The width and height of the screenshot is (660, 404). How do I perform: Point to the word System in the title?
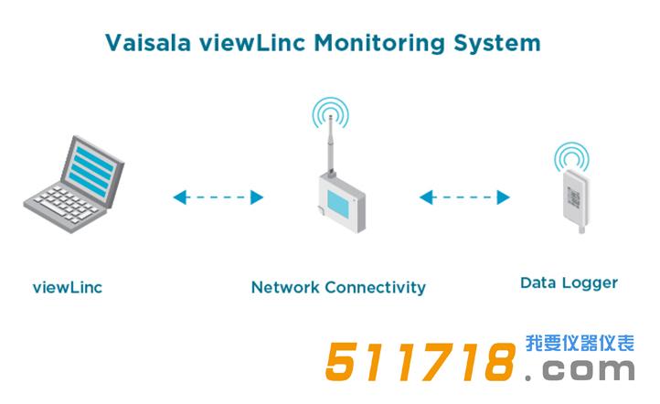[502, 43]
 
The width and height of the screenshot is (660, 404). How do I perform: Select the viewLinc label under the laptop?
[67, 287]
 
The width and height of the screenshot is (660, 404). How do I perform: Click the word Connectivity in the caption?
[374, 287]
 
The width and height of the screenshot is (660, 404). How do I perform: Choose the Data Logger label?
[569, 282]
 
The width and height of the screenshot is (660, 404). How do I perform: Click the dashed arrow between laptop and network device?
[218, 197]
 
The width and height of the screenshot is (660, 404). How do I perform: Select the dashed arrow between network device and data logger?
[463, 197]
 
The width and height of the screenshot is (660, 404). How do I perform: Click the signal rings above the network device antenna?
[329, 115]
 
